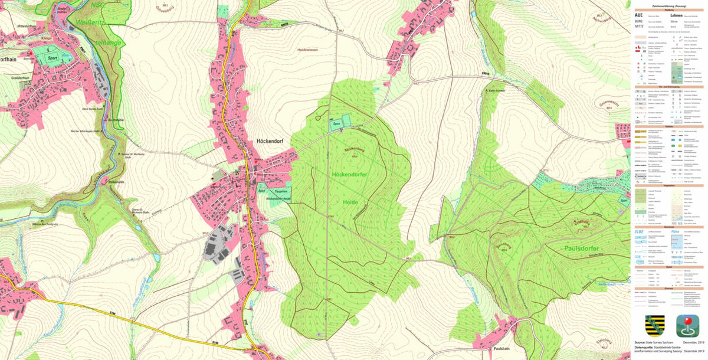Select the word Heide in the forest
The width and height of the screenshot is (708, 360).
point(350,202)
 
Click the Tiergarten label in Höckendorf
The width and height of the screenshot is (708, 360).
point(279,192)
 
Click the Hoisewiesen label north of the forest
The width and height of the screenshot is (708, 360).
point(309,50)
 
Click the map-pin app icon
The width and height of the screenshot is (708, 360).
point(687,326)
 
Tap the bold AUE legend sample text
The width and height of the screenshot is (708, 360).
point(638,15)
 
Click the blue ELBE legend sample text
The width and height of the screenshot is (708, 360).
point(639,231)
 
